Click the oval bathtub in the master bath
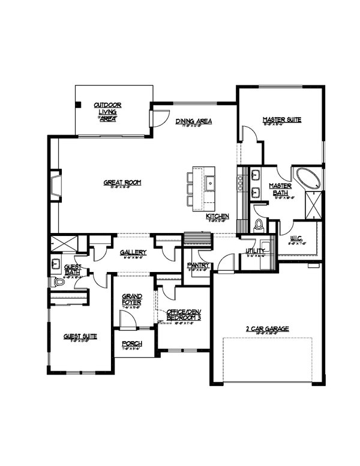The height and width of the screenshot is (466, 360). pyautogui.click(x=308, y=179)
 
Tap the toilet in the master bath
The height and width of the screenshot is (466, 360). pyautogui.click(x=260, y=225)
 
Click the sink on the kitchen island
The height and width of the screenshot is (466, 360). pyautogui.click(x=211, y=183)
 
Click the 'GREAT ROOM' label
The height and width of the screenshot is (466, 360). pyautogui.click(x=122, y=182)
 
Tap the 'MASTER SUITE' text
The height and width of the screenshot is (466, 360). pyautogui.click(x=281, y=120)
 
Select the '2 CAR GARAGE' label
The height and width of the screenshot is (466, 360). pyautogui.click(x=268, y=328)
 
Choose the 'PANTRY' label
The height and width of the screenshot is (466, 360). pyautogui.click(x=197, y=264)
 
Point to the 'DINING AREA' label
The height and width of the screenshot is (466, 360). pyautogui.click(x=194, y=121)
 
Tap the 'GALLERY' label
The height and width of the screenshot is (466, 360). pyautogui.click(x=130, y=252)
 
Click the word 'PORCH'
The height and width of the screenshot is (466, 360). pyautogui.click(x=131, y=343)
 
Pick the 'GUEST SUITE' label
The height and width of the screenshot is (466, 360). pyautogui.click(x=80, y=336)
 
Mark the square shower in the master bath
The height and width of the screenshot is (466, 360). pyautogui.click(x=313, y=207)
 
